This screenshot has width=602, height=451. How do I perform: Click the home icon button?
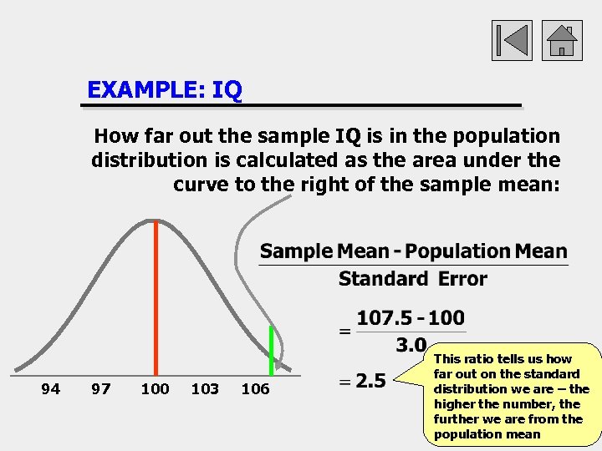click(x=562, y=40)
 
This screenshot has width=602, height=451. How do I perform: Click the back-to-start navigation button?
click(x=511, y=40)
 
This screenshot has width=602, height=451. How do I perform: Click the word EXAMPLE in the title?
click(x=146, y=89)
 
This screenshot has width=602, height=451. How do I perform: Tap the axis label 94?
click(x=51, y=388)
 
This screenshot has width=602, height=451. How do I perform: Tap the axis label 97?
click(x=100, y=388)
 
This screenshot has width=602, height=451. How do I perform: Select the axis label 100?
click(x=155, y=388)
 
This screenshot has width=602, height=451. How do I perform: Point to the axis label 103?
click(x=205, y=388)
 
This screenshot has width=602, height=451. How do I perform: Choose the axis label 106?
click(x=255, y=388)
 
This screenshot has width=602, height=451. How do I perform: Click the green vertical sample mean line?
click(x=271, y=351)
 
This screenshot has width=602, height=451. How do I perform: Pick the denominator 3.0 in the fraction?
click(x=411, y=345)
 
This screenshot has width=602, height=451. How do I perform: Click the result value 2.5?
click(x=370, y=381)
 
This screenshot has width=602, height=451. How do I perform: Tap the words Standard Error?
click(x=412, y=279)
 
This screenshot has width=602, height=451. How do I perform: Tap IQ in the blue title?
click(x=227, y=89)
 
